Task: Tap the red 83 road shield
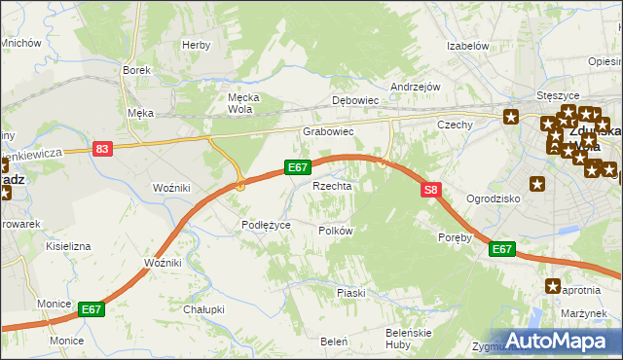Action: pos(103,149)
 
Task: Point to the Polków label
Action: pos(335,231)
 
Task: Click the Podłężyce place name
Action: pos(266,225)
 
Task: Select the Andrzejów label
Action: pos(416,87)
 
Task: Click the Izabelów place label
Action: pos(467,46)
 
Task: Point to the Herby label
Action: pos(196,45)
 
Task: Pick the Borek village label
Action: pos(134,70)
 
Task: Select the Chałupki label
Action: pos(203,309)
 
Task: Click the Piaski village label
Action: pos(350,293)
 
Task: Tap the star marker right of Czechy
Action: pos(512,118)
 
